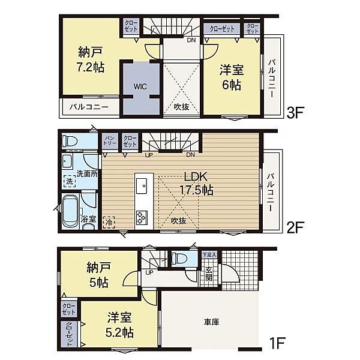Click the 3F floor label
pyautogui.click(x=295, y=113)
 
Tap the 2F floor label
pyautogui.click(x=295, y=227)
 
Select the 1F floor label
pyautogui.click(x=277, y=343)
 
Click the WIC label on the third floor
pyautogui.click(x=140, y=86)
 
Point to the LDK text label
pyautogui.click(x=196, y=177)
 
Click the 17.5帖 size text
pyautogui.click(x=197, y=190)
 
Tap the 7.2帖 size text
pyautogui.click(x=91, y=67)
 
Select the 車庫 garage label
pyautogui.click(x=211, y=322)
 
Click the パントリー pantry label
pyautogui.click(x=110, y=140)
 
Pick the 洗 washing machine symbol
pyautogui.click(x=70, y=181)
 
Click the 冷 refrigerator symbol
pyautogui.click(x=109, y=222)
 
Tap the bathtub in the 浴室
pyautogui.click(x=71, y=211)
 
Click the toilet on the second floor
pyautogui.click(x=70, y=140)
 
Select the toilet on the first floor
pyautogui.click(x=179, y=258)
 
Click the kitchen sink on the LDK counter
pyautogui.click(x=142, y=186)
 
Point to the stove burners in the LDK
pyautogui.click(x=142, y=218)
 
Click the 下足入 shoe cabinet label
pyautogui.click(x=209, y=254)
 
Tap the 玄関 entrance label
pyautogui.click(x=209, y=274)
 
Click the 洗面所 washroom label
pyautogui.click(x=87, y=174)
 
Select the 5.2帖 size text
pyautogui.click(x=119, y=332)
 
